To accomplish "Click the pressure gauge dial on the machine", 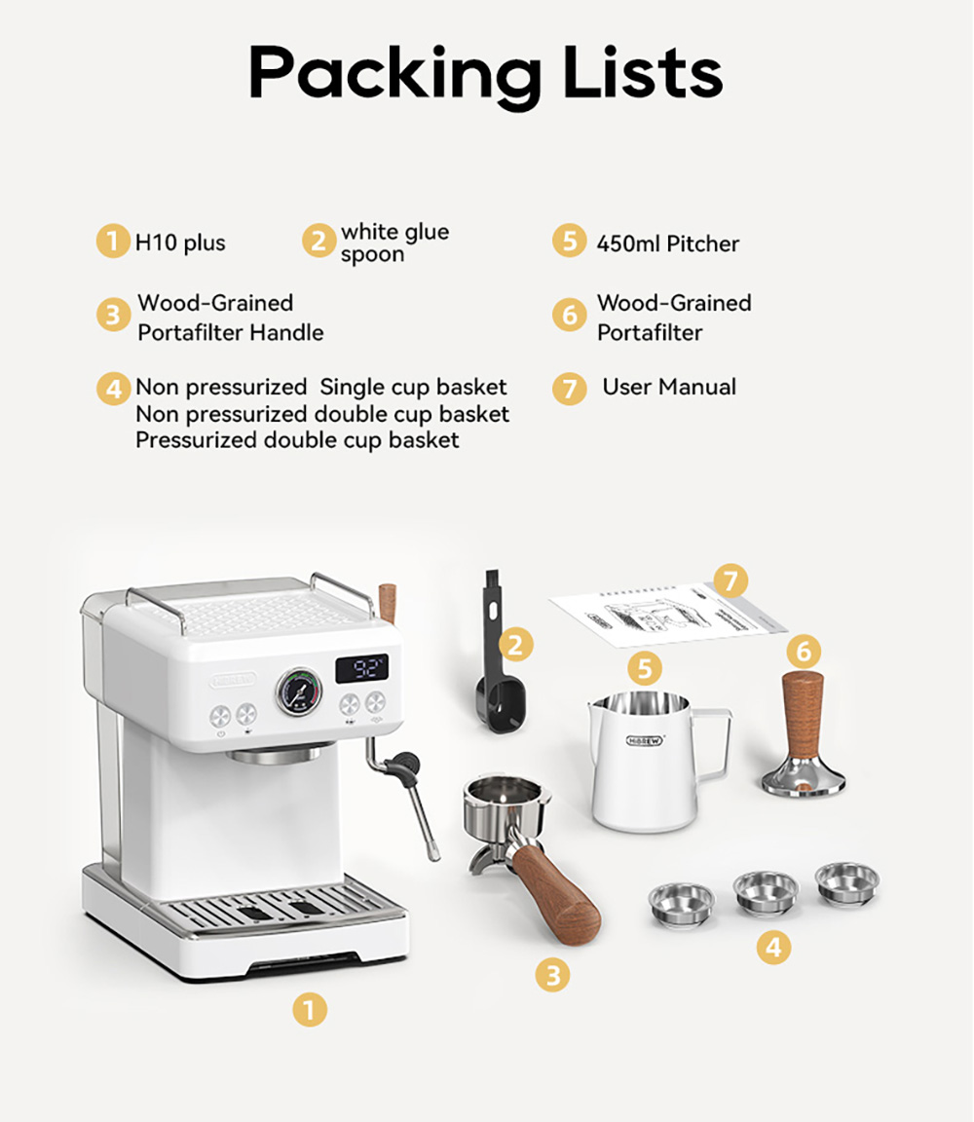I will (300, 692).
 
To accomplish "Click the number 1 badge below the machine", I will (310, 1010).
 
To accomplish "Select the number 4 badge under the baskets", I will (773, 946).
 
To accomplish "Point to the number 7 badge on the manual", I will (730, 582).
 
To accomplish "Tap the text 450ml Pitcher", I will (667, 243).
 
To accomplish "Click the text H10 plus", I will (180, 243).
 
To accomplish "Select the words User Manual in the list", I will (669, 387).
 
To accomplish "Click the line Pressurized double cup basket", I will (297, 440).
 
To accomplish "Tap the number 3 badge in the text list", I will (113, 316).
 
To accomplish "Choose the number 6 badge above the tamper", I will (803, 651).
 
